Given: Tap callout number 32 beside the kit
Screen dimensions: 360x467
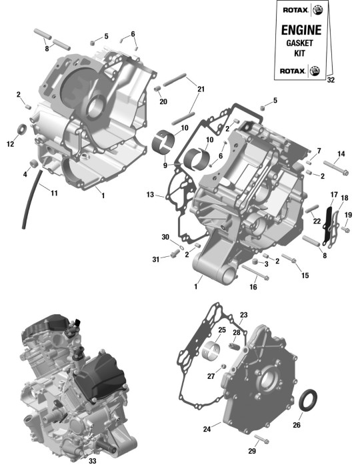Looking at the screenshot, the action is pos(331,80).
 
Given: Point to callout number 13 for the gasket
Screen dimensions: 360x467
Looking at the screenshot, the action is pos(150,195).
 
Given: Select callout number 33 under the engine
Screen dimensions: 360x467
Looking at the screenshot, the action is pos(93,461).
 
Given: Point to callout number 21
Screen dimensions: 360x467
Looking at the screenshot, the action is pos(201,89).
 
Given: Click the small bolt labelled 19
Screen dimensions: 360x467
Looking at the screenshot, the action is pos(345,229).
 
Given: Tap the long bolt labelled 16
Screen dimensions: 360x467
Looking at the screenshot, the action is pos(255,272).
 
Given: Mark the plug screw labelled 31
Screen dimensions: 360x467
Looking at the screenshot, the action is pos(175,254).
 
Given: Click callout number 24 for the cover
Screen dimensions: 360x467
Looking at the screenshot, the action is pos(207,429).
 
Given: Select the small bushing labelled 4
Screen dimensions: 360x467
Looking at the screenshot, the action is pos(33,163).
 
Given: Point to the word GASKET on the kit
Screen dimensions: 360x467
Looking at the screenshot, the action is pos(299,43).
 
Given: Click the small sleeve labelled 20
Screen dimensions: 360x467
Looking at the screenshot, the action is pos(157,89).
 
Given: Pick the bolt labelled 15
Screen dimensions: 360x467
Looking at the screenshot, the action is pos(288,258).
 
